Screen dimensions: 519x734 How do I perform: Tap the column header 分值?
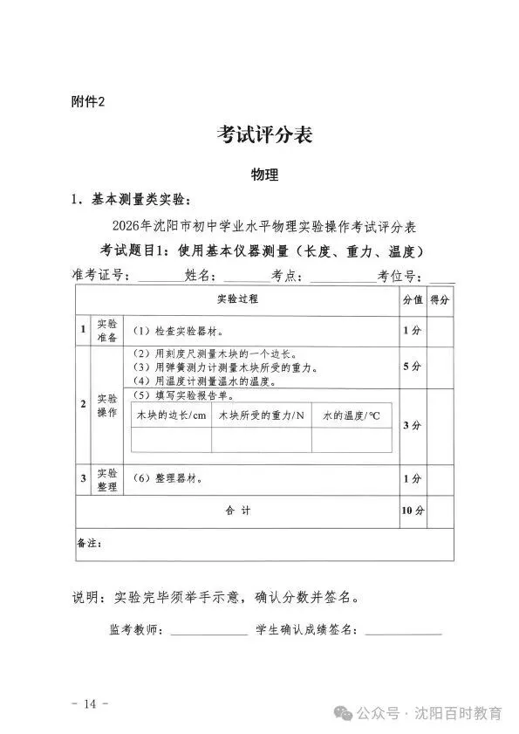coord(413,299)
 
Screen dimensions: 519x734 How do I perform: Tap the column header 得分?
coord(440,299)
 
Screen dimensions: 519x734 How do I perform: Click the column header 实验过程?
coord(237,299)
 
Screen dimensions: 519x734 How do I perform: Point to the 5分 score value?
coord(413,367)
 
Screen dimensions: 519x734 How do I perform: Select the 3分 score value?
coord(413,426)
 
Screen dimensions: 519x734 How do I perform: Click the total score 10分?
coord(413,511)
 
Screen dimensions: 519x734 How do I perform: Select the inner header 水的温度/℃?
coord(352,415)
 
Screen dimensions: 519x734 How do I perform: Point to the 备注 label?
coord(90,543)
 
